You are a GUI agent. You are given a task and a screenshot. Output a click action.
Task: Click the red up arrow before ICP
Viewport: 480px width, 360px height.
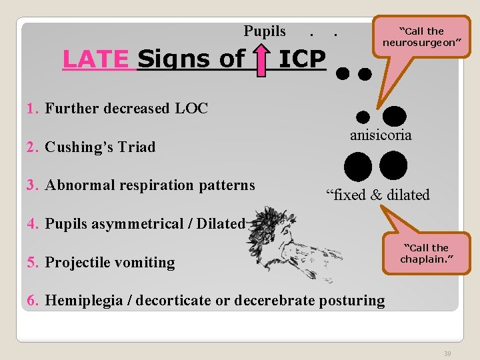(x=263, y=59)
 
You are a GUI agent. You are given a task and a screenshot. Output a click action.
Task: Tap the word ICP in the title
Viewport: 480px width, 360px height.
(x=301, y=59)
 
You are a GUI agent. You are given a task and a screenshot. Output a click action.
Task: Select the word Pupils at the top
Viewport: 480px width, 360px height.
(x=265, y=31)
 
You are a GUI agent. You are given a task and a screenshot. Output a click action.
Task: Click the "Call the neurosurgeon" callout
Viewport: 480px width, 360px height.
(x=421, y=37)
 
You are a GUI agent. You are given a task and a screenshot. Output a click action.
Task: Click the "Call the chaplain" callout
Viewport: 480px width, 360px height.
(x=424, y=253)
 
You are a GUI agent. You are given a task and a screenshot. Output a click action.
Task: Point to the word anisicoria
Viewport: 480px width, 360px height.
(x=381, y=135)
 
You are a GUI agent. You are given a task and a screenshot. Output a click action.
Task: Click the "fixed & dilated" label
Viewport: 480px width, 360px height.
(x=377, y=195)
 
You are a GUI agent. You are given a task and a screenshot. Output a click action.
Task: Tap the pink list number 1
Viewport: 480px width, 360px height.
(x=31, y=108)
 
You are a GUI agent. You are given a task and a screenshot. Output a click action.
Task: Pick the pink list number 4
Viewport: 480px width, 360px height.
(x=32, y=224)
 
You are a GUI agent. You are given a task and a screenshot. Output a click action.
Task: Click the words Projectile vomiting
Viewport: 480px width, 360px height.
(x=110, y=263)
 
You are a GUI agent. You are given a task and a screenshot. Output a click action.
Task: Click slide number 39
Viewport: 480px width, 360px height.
(x=447, y=353)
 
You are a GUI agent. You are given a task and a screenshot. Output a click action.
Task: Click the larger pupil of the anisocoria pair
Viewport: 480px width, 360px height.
(x=394, y=116)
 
